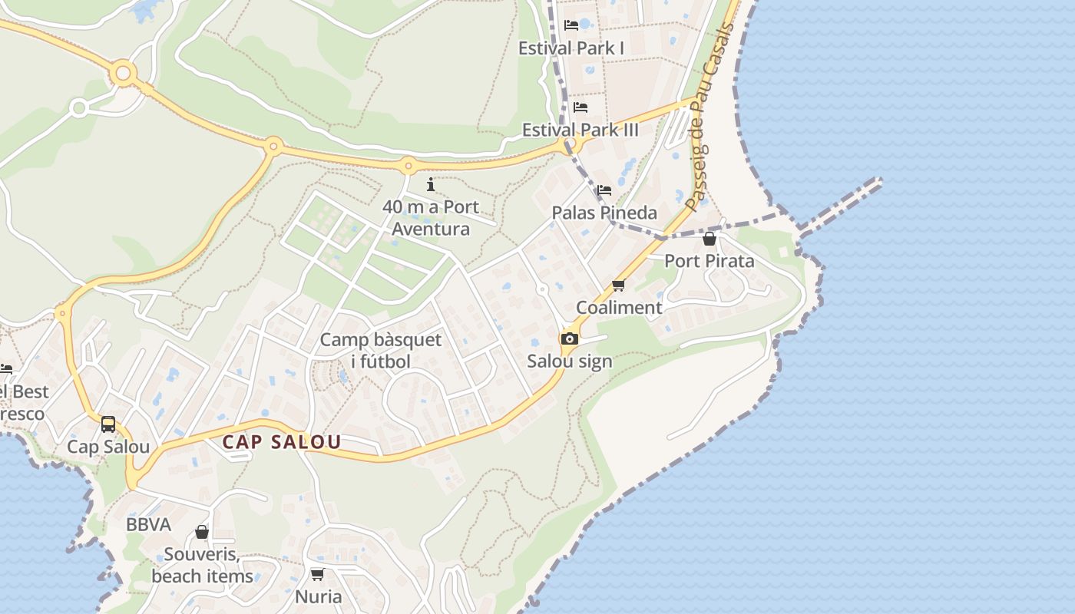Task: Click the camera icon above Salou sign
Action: coord(569,339)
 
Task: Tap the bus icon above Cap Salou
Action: coord(108,424)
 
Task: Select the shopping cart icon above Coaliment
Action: coord(618,286)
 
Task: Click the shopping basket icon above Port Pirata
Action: coord(709,239)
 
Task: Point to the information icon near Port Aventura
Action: coord(431,184)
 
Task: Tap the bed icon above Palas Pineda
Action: coord(604,190)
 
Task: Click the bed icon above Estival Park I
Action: coord(571,25)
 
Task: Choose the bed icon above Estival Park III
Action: coord(580,107)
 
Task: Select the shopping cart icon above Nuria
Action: coord(318,574)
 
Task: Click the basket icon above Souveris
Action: coord(202,532)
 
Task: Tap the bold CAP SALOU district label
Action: coord(282,443)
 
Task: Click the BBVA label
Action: coord(149,525)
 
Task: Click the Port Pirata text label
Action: coord(709,261)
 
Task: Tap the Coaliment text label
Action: coord(619,308)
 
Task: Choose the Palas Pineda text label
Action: coord(604,213)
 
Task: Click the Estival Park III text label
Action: coord(580,130)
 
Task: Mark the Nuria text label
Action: coord(319,596)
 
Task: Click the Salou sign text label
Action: coord(570,361)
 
